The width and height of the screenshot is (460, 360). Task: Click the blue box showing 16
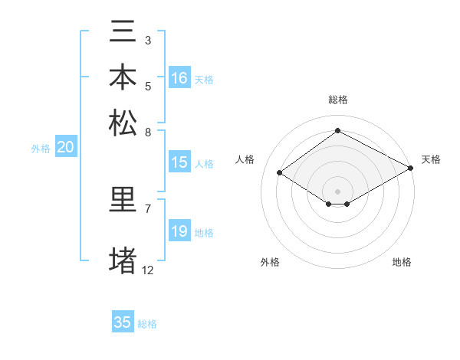tap(179, 77)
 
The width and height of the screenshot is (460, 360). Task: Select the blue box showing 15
tap(179, 162)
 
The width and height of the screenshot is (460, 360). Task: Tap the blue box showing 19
tap(179, 231)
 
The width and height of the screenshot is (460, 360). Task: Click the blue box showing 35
tap(123, 322)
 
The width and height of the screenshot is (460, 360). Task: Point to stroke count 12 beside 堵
tap(148, 270)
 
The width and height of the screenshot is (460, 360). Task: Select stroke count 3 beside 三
tap(148, 40)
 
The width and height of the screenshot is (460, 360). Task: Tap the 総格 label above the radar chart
tap(337, 100)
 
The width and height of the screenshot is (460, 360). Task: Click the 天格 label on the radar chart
tap(431, 159)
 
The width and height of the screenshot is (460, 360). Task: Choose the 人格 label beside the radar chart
tap(245, 159)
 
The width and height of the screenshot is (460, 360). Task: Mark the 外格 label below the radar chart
tap(270, 263)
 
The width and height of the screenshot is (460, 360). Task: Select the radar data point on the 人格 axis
tap(280, 173)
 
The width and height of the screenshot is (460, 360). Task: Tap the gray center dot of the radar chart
tap(337, 191)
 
